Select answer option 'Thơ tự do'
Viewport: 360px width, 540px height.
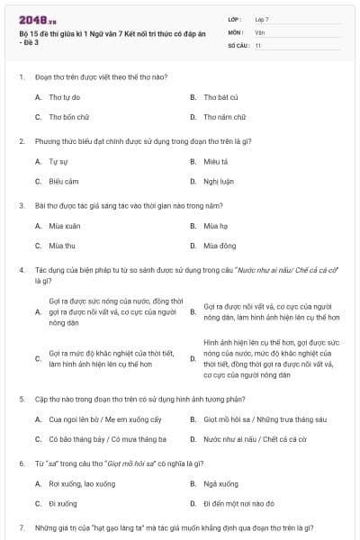click(65, 96)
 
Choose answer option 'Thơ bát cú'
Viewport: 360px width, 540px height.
click(220, 96)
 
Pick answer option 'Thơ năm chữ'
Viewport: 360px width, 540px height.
click(224, 117)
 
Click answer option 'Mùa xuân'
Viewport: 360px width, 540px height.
click(65, 225)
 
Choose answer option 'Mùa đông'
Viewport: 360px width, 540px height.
click(220, 245)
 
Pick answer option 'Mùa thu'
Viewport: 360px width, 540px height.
click(62, 245)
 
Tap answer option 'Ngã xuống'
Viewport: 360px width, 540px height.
click(220, 483)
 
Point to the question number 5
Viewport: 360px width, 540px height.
click(21, 398)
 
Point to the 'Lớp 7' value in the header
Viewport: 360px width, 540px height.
click(262, 19)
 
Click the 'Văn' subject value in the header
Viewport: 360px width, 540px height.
click(260, 31)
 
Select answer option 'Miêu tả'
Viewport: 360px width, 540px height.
click(216, 161)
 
